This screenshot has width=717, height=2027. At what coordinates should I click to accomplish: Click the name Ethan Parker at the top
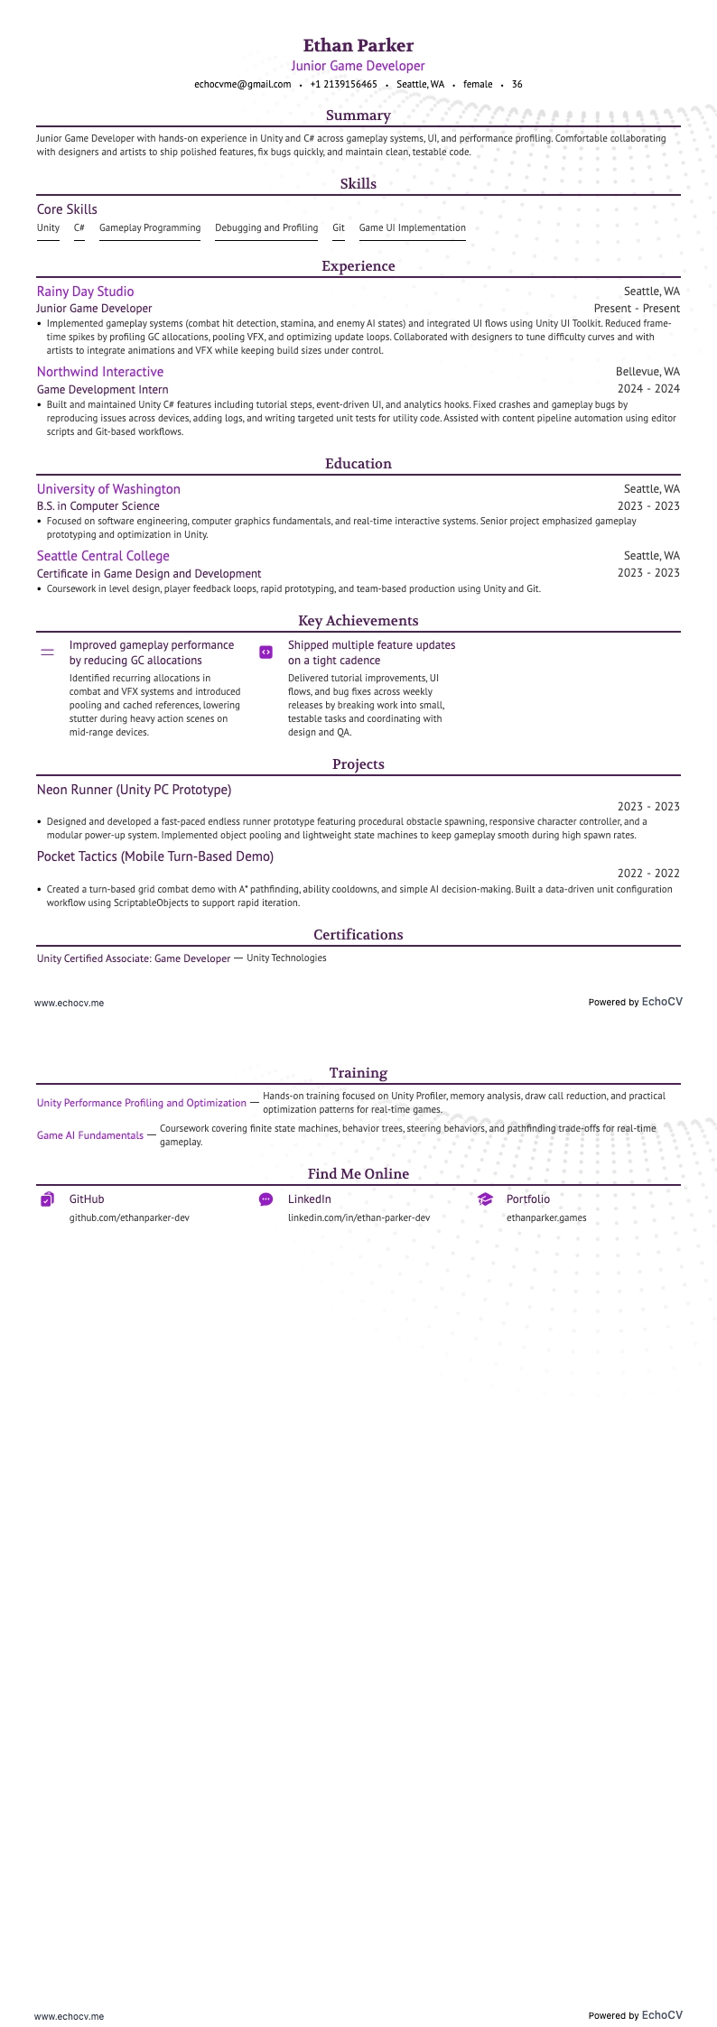[358, 45]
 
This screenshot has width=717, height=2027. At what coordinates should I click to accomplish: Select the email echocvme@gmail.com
[242, 84]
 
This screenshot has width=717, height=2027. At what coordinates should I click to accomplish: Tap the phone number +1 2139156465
[343, 84]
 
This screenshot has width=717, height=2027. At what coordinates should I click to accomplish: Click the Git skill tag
[339, 228]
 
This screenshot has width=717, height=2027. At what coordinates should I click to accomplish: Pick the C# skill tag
[79, 228]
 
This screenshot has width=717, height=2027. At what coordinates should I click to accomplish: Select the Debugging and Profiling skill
[266, 228]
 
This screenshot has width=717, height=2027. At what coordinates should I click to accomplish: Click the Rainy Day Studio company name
[85, 292]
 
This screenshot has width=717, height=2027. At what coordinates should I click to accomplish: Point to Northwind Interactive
[100, 372]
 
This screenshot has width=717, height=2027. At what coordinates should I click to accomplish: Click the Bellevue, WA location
[647, 372]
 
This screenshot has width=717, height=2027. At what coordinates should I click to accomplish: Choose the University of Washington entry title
[108, 489]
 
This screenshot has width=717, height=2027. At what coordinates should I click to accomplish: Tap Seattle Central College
[103, 556]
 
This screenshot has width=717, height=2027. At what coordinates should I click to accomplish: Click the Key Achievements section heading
[358, 621]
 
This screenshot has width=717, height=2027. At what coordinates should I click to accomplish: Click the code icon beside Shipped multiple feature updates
[265, 652]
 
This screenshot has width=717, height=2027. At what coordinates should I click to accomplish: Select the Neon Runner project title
[134, 790]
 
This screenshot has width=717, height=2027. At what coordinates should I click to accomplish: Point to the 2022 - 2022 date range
[648, 874]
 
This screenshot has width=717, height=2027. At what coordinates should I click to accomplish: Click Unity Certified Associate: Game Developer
[134, 958]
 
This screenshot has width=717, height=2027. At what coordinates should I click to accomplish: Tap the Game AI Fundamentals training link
[90, 1135]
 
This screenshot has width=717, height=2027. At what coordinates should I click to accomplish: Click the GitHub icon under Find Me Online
[48, 1199]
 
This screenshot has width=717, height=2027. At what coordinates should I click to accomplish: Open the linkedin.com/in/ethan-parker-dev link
[358, 1217]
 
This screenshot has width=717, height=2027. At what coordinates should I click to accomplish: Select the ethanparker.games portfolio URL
[546, 1217]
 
